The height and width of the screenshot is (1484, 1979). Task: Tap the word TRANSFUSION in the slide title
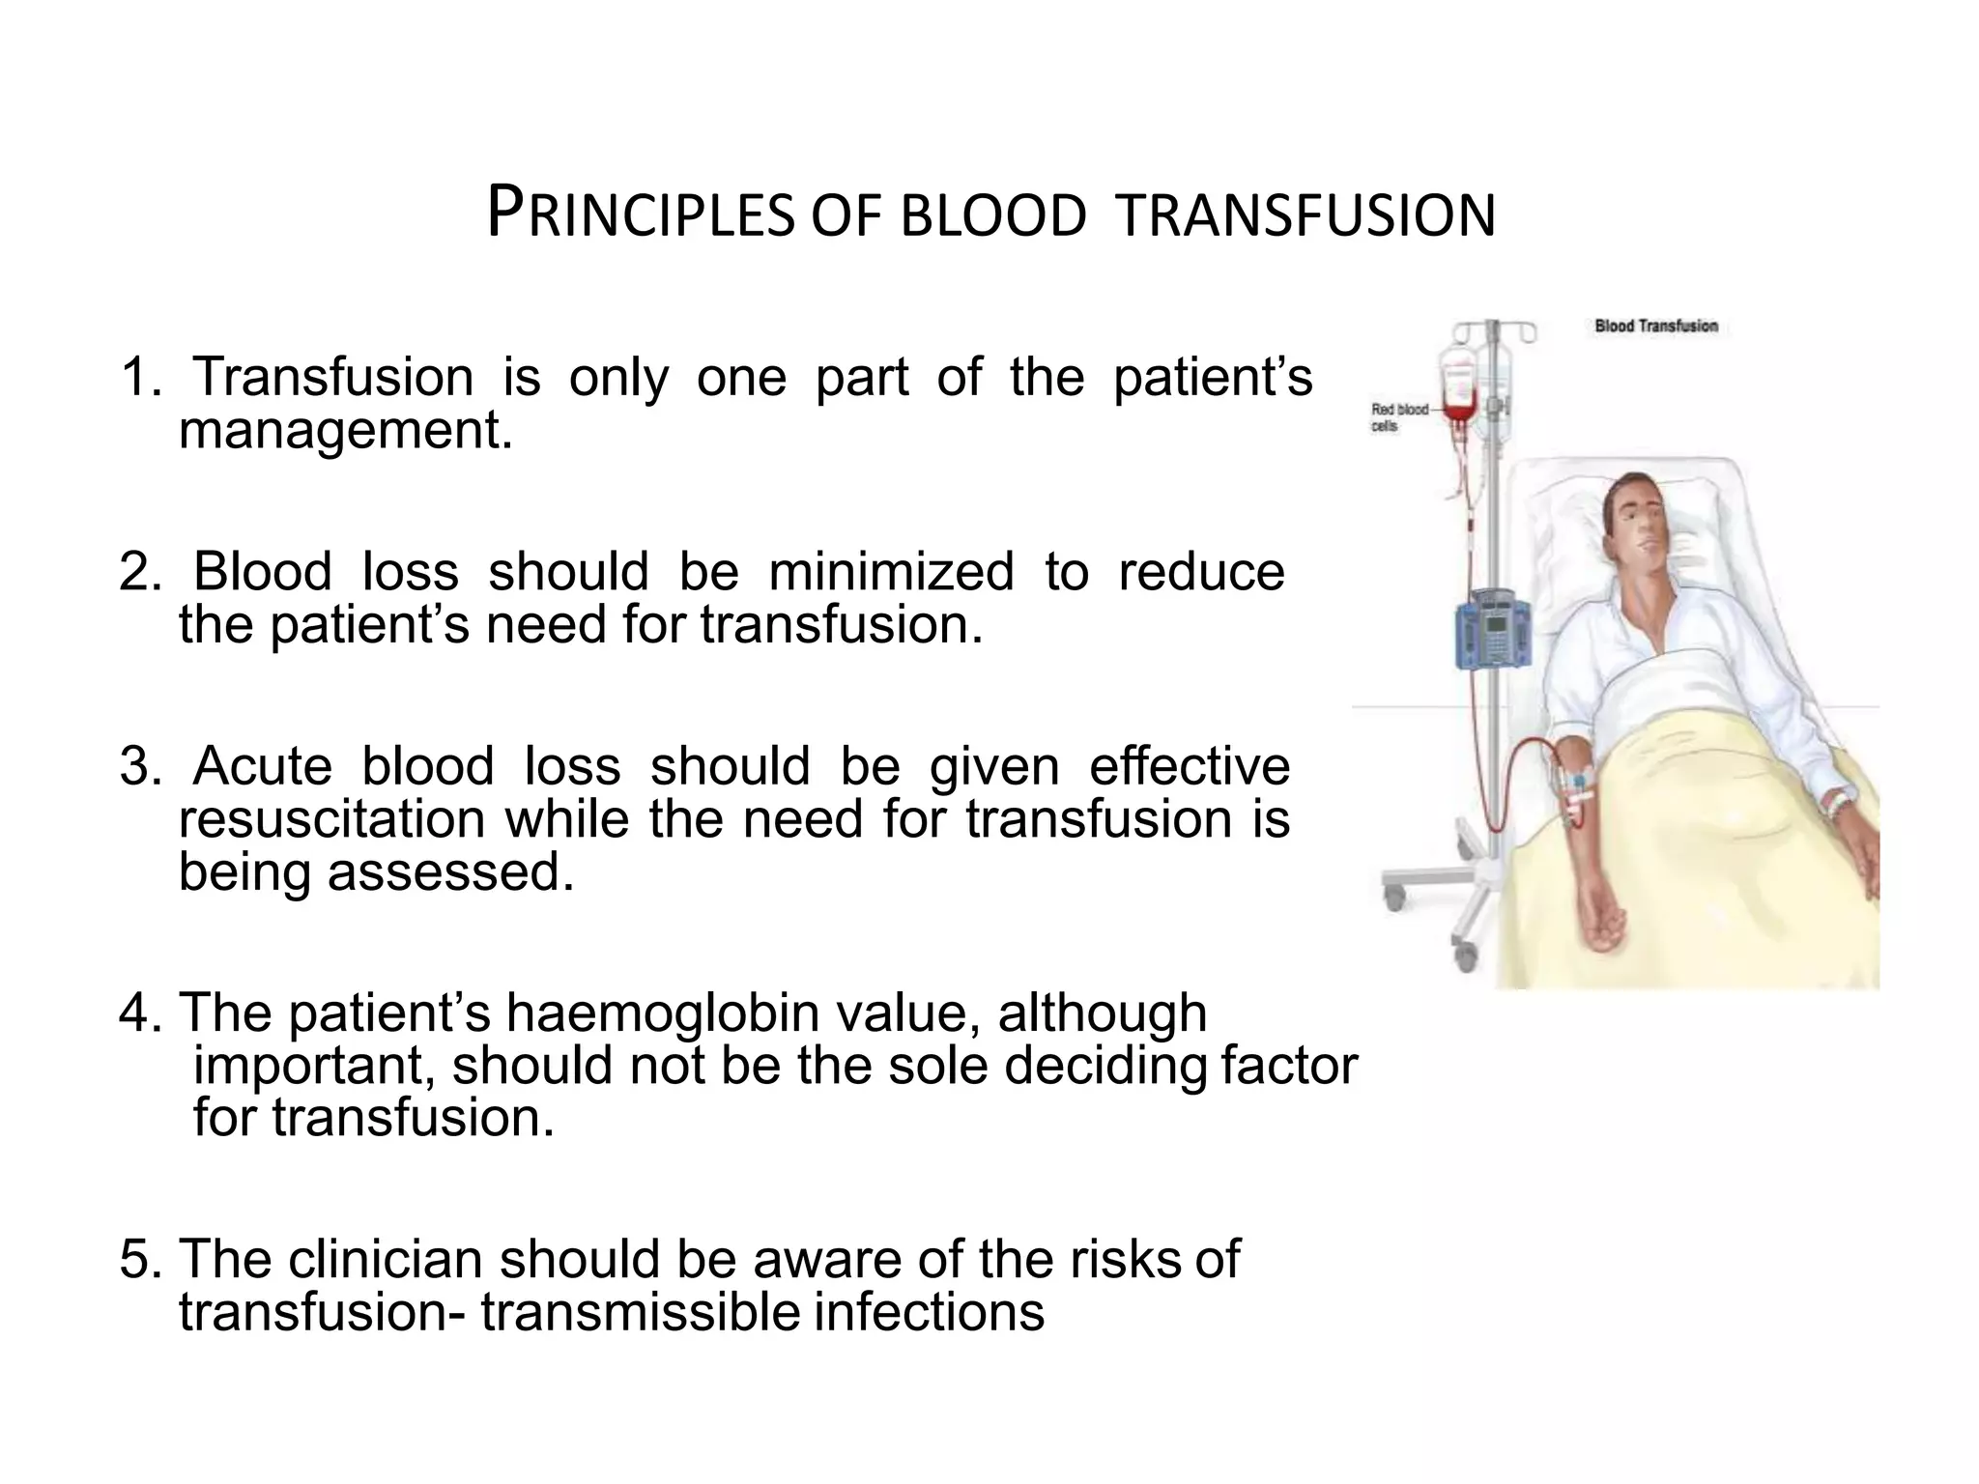[x=1305, y=214]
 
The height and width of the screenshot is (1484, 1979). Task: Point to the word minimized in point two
[x=890, y=571]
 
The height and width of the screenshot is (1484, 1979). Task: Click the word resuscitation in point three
[x=331, y=819]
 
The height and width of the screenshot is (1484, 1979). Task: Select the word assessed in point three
[x=444, y=871]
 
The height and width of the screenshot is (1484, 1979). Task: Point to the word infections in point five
[x=929, y=1312]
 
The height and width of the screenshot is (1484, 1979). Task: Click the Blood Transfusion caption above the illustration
[x=1655, y=327]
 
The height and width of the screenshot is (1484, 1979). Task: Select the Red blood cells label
[x=1397, y=417]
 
